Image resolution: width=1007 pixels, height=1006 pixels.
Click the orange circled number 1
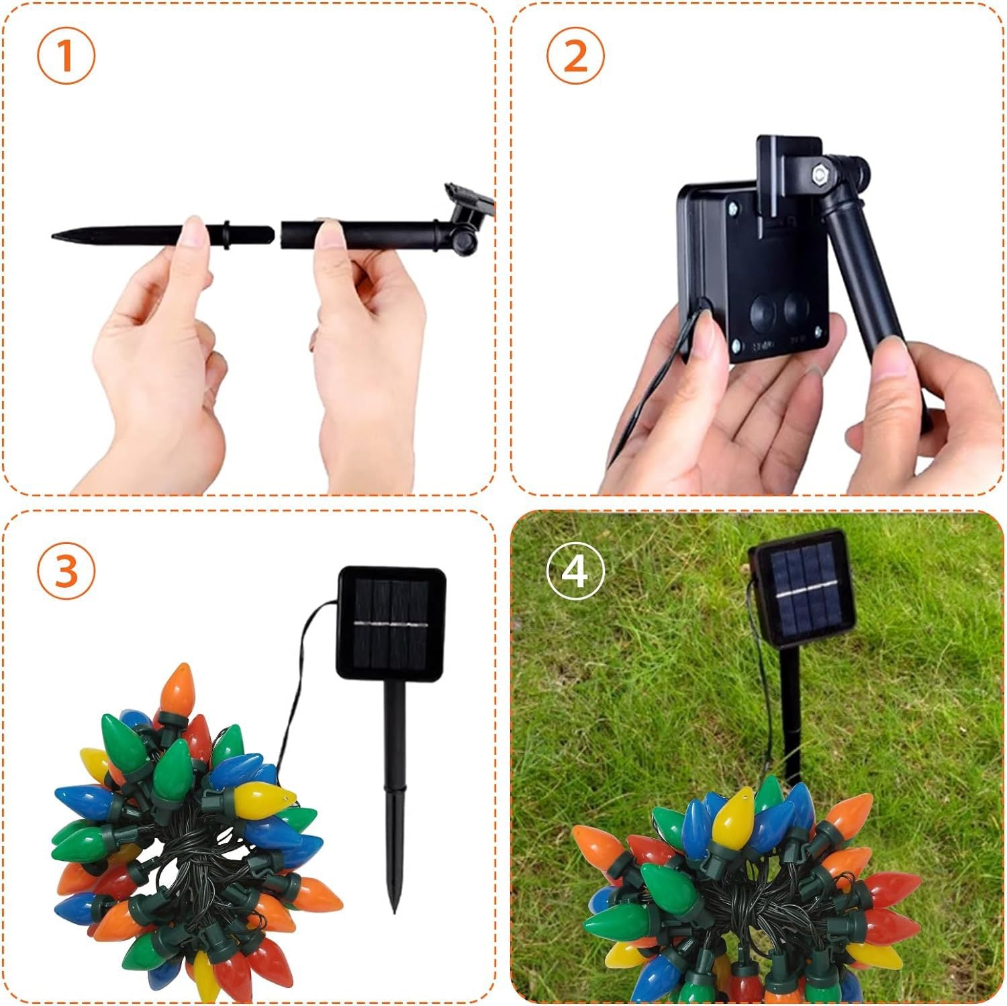tap(66, 56)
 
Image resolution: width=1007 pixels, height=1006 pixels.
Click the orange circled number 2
tap(575, 56)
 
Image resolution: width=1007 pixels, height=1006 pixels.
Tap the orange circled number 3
tap(66, 571)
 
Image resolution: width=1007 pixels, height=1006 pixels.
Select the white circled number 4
tap(575, 571)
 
